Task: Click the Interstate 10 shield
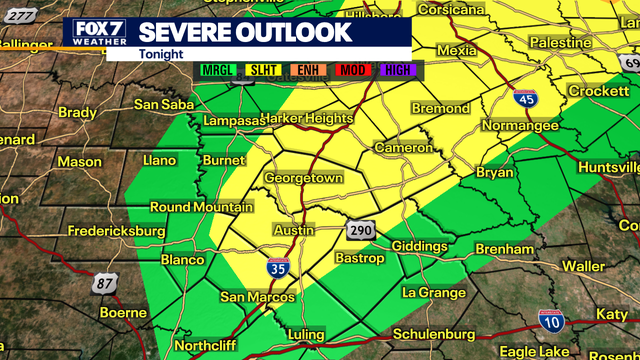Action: tap(549, 320)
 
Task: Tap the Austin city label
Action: tap(293, 230)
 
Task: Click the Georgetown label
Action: tap(304, 178)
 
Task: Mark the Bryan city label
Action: tap(493, 173)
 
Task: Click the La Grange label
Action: tap(433, 293)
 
